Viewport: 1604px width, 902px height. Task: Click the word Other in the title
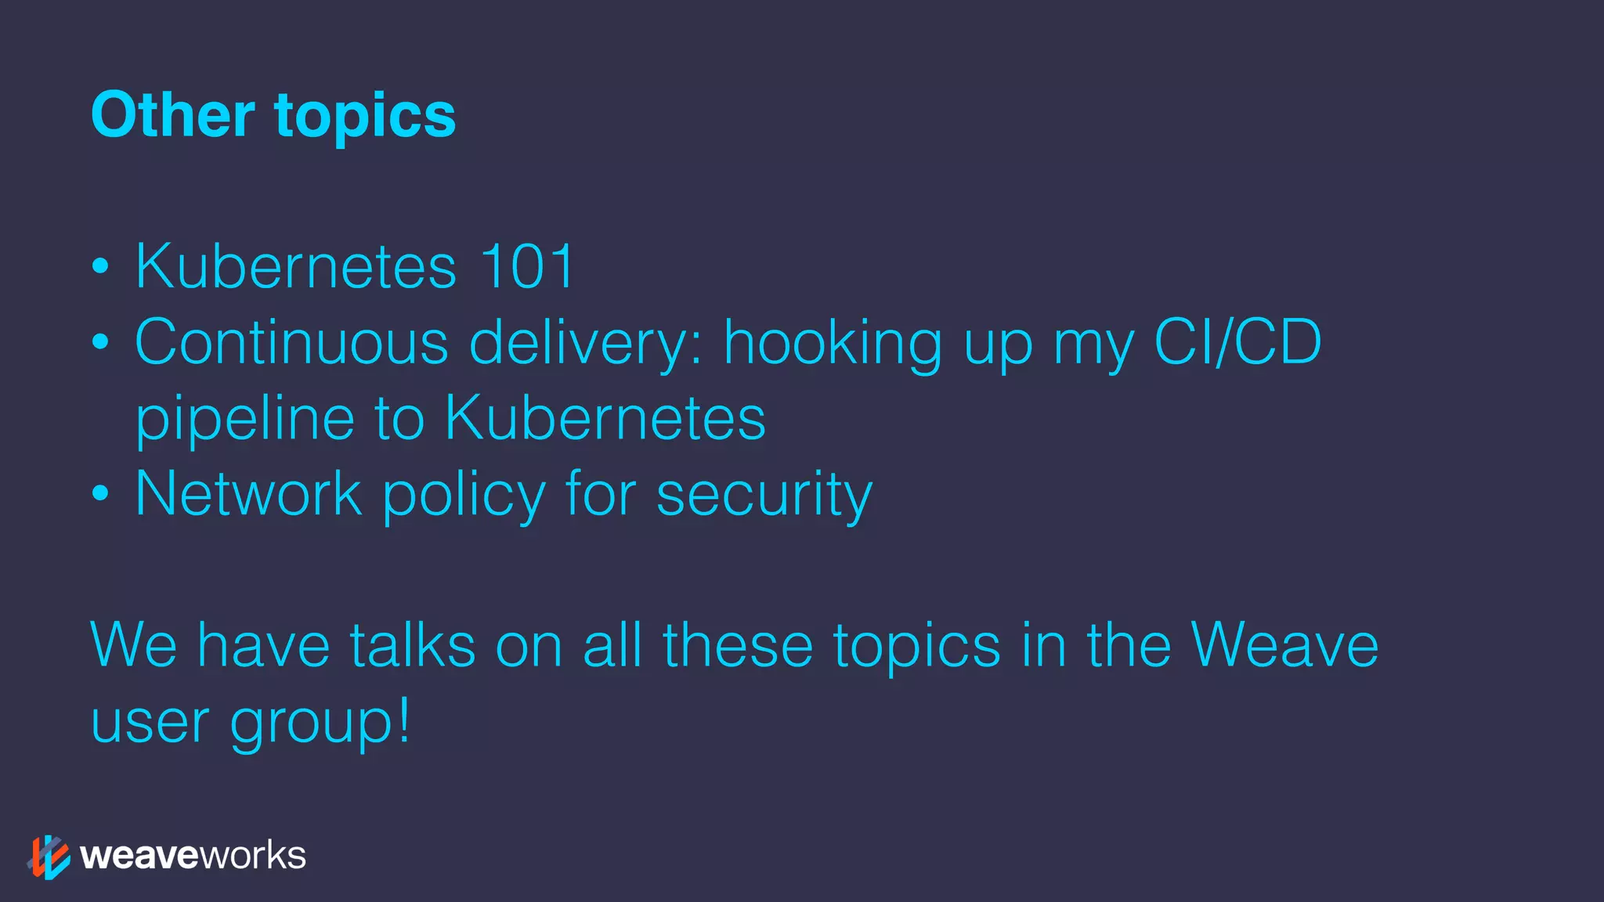[x=173, y=115]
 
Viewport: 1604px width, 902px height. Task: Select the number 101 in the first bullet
[x=528, y=266]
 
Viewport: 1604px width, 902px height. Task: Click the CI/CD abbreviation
[x=1237, y=342]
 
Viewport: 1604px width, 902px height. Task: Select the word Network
[x=248, y=493]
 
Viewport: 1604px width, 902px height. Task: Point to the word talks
[x=413, y=645]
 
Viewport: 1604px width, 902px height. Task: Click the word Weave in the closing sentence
[x=1284, y=645]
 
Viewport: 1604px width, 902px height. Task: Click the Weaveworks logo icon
[x=49, y=857]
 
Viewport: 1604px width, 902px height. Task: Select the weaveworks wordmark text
[x=193, y=856]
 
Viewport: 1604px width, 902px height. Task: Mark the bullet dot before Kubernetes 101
[x=100, y=266]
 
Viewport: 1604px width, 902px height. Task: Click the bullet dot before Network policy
[x=100, y=494]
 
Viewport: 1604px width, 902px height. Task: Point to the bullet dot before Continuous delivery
[x=100, y=342]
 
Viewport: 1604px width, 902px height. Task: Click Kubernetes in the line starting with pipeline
[x=605, y=418]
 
